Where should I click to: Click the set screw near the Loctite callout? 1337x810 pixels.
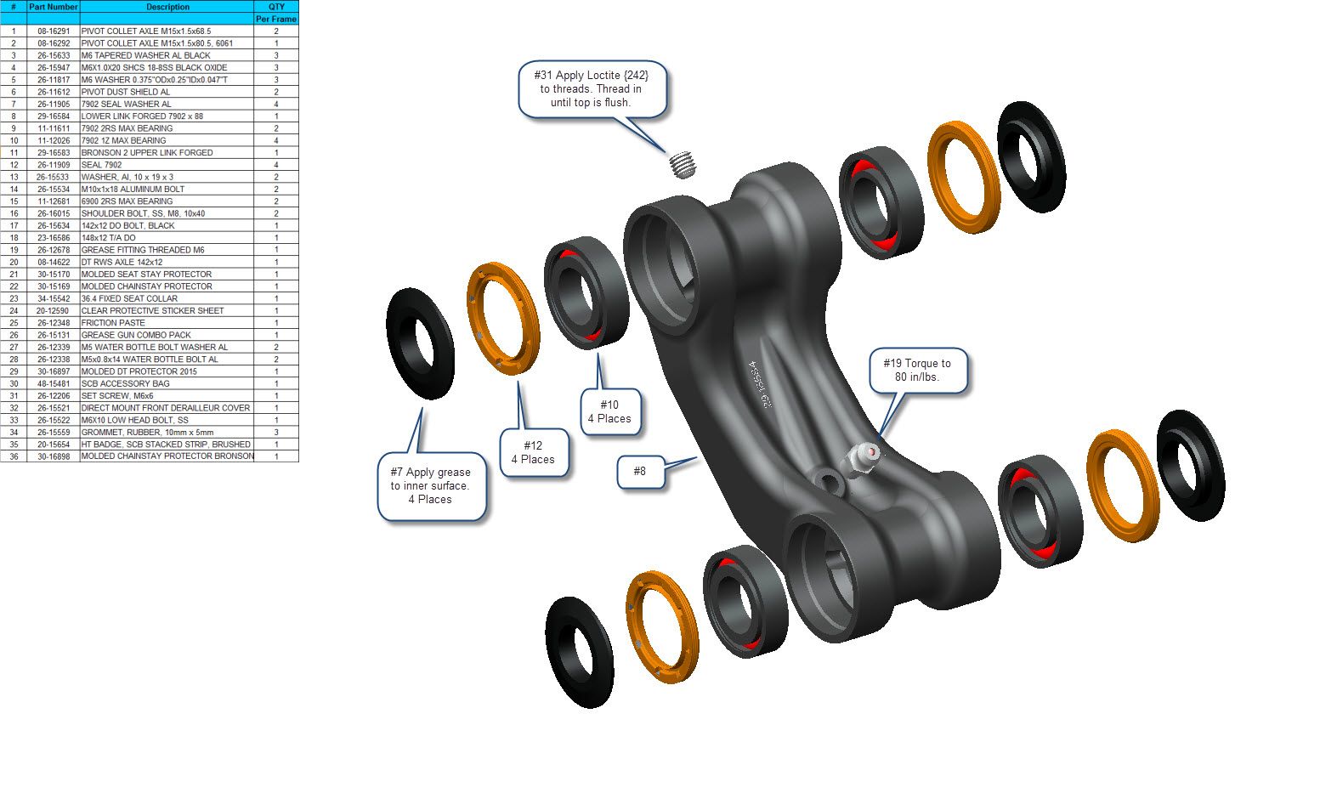[x=683, y=164]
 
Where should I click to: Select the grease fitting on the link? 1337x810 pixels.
[x=860, y=459]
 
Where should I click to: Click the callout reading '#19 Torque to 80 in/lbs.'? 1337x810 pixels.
[x=917, y=371]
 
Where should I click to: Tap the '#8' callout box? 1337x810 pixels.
[x=640, y=472]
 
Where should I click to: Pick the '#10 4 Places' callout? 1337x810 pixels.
[x=610, y=412]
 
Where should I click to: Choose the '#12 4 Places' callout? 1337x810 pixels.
[x=534, y=452]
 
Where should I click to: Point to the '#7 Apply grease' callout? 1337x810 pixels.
[x=432, y=486]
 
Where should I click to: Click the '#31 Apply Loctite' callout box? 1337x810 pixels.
[x=592, y=89]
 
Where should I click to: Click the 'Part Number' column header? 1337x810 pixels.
[x=53, y=7]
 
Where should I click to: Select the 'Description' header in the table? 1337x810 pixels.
[x=167, y=7]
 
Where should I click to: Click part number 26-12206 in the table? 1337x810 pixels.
[x=53, y=396]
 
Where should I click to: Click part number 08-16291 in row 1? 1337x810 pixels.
[x=53, y=31]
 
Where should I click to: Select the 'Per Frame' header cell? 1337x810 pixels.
[x=275, y=19]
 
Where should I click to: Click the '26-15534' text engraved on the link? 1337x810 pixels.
[x=759, y=384]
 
